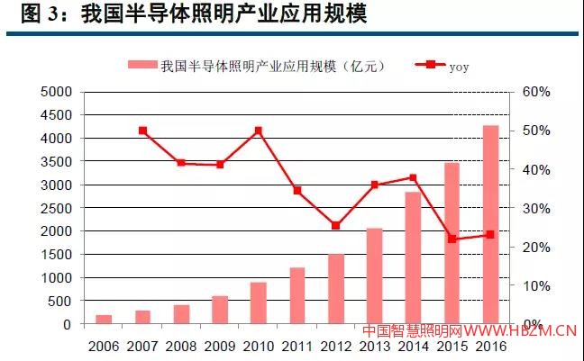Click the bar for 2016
(x=490, y=225)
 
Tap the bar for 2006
(x=104, y=319)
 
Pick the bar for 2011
(x=297, y=295)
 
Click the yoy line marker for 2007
(x=142, y=131)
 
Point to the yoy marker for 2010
(x=259, y=131)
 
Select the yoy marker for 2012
(x=335, y=225)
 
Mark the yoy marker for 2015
(x=452, y=239)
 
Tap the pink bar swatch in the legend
(x=141, y=65)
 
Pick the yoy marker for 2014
(x=413, y=177)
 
